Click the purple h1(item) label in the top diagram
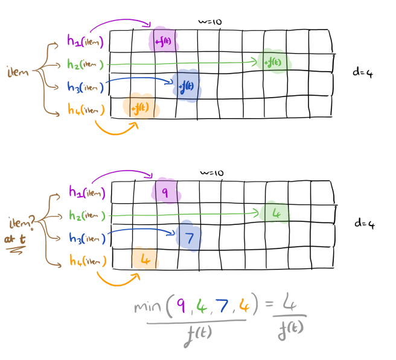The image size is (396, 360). (x=86, y=42)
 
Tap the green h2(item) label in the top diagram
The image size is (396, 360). (x=86, y=64)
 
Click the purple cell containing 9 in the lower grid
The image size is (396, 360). (x=164, y=193)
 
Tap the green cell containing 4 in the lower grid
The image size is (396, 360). (x=276, y=213)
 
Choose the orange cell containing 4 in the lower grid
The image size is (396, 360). (x=145, y=260)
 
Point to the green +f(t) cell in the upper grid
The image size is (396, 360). (x=273, y=62)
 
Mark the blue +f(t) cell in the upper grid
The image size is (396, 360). (x=186, y=86)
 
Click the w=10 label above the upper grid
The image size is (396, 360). (x=211, y=22)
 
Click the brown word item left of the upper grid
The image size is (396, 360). (x=18, y=72)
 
